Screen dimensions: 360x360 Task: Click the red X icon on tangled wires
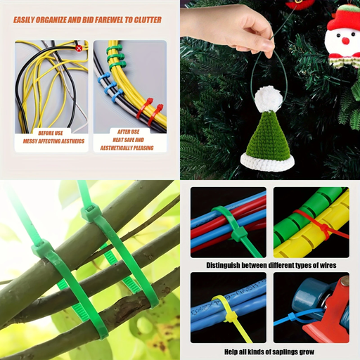tap(79, 49)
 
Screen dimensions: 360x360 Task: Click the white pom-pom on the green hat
tap(268, 98)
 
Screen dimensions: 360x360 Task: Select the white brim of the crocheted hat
tap(267, 162)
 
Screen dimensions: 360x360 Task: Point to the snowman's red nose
tap(345, 41)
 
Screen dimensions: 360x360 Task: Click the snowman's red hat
tap(344, 17)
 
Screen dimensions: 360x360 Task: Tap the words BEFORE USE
tap(51, 133)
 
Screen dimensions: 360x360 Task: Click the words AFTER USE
tap(128, 132)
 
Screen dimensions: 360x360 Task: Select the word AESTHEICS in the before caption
tap(72, 141)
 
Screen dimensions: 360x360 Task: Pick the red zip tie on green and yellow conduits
tap(321, 226)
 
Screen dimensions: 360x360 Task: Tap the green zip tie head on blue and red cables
tap(238, 234)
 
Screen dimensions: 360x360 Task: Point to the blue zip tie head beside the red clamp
tap(292, 317)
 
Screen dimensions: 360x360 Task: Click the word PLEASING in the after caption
tap(143, 148)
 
